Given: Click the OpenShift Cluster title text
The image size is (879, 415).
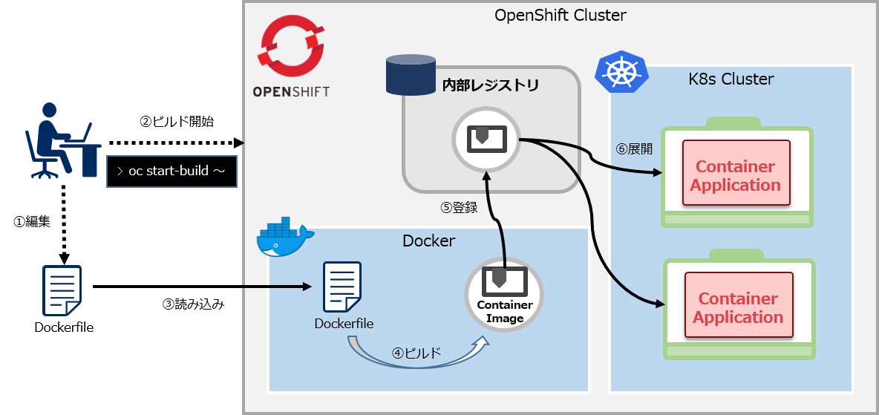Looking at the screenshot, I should click(561, 15).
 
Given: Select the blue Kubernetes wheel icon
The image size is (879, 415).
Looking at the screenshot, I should click(621, 72).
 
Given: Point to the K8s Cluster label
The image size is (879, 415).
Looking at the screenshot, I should click(731, 79).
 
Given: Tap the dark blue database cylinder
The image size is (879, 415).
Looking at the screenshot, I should click(410, 75).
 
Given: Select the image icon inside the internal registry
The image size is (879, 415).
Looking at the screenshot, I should click(486, 139).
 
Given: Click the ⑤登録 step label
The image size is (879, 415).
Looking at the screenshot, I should click(459, 208).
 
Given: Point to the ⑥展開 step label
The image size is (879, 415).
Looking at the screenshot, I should click(634, 148).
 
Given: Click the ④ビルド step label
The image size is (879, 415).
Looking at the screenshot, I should click(416, 353).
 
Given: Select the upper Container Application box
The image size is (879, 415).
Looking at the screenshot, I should click(736, 176).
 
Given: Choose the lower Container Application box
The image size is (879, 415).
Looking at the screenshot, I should click(738, 308).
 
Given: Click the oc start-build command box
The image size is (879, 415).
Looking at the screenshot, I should click(171, 171).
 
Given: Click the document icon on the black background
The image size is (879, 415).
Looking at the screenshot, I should click(62, 290).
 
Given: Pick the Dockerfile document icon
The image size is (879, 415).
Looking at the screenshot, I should click(342, 287).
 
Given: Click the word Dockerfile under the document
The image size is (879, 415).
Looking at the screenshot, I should click(344, 324).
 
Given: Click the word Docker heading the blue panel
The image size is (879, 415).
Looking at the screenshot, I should click(428, 241).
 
